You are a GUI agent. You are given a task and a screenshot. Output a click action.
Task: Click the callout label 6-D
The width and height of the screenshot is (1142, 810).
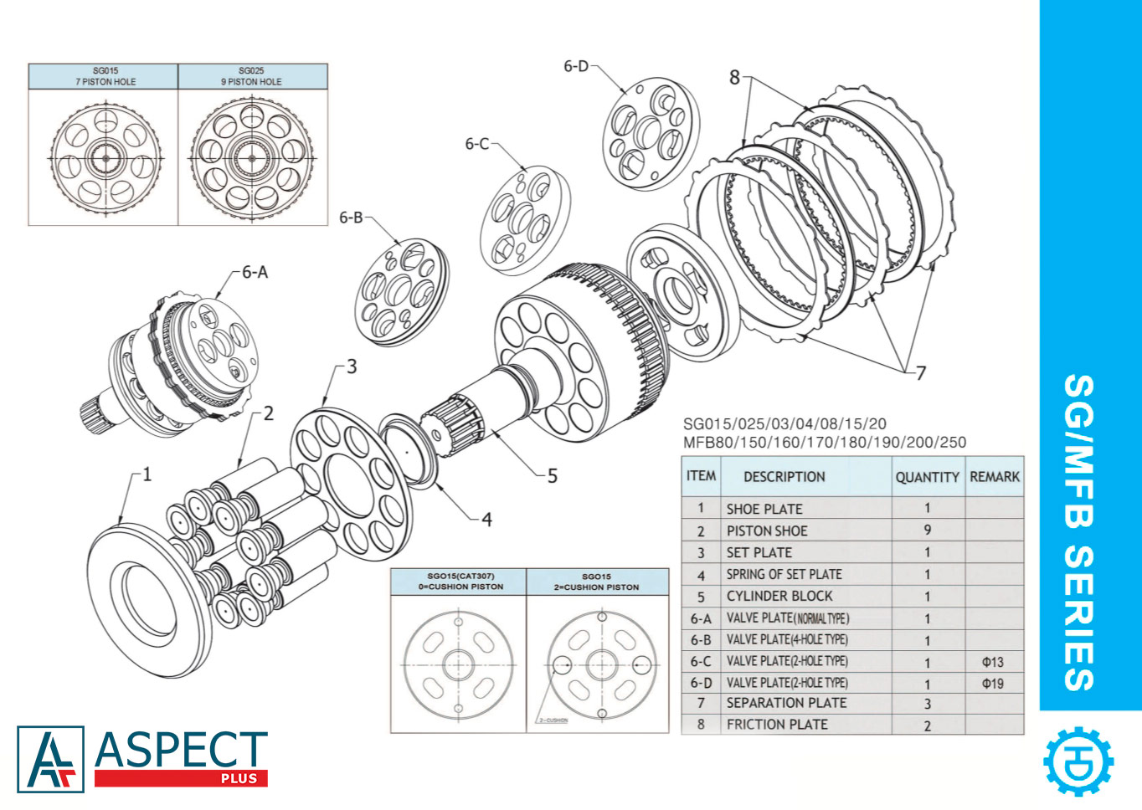coord(576,66)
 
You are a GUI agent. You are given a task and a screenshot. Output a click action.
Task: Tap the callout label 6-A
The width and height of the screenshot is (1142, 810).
coord(255,272)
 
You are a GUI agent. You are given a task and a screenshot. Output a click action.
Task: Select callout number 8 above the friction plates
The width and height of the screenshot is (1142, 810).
coord(734,78)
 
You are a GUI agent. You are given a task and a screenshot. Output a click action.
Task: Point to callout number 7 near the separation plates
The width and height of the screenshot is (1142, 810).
coord(920,372)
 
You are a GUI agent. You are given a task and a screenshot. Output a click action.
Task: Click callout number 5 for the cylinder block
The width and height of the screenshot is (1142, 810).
coord(552,476)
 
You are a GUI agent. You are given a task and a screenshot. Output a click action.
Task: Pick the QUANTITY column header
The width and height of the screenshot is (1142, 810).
coord(927,477)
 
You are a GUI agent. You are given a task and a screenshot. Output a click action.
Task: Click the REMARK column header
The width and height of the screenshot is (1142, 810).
coord(995,477)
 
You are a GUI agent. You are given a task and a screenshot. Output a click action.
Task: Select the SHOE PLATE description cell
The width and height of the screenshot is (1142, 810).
coord(764,509)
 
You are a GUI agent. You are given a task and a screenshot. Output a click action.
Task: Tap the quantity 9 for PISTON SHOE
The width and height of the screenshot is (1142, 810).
coord(927,531)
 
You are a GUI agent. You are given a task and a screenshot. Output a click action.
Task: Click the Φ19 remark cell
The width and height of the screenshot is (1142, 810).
coord(993,684)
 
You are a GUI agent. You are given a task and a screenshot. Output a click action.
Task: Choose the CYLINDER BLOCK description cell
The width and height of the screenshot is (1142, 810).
coord(779,596)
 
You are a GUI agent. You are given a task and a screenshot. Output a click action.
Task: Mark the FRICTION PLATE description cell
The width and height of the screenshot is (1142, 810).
coord(777,725)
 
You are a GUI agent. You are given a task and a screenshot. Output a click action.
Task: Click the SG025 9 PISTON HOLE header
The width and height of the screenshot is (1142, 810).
coord(251,76)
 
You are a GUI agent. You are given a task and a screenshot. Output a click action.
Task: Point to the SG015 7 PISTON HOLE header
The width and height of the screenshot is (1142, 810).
coord(105,76)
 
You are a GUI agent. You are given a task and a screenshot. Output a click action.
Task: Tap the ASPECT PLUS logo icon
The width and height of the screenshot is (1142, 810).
coord(51,759)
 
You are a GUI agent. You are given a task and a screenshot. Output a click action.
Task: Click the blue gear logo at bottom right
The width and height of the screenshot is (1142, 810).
coord(1078,761)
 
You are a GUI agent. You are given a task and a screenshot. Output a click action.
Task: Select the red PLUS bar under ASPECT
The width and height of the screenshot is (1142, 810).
coord(181,778)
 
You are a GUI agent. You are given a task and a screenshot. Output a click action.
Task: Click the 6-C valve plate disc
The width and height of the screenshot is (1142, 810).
coord(525,220)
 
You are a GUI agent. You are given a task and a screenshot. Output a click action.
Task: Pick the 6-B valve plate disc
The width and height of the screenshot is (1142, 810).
coord(402,292)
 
